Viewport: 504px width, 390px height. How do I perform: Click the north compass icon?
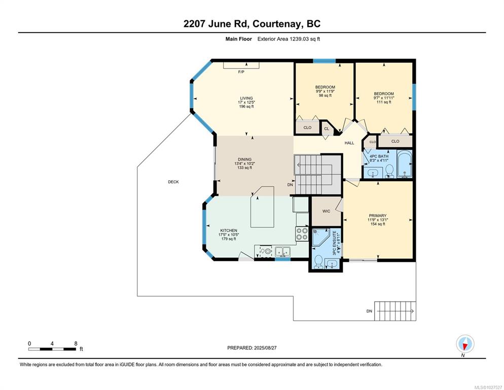[x=465, y=344]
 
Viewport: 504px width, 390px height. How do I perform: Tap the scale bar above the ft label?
[x=52, y=349]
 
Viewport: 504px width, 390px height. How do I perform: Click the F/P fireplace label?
[x=241, y=72]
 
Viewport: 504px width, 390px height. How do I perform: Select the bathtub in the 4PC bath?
[x=404, y=164]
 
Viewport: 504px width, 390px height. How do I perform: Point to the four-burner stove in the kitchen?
[x=302, y=234]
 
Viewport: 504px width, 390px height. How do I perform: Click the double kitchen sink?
[x=282, y=251]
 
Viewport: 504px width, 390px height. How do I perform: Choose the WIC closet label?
[x=326, y=211]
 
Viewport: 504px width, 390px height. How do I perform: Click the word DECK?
[x=173, y=182]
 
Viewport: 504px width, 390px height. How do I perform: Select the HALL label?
[x=349, y=143]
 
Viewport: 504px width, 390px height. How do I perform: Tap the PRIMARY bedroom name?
[x=378, y=216]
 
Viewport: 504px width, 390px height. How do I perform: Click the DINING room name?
[x=244, y=159]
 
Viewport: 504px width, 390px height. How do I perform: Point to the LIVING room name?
[x=246, y=98]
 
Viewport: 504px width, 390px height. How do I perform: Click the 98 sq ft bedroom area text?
[x=326, y=95]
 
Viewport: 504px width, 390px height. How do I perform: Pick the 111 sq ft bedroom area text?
[x=384, y=102]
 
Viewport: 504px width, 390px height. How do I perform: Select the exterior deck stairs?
[x=395, y=311]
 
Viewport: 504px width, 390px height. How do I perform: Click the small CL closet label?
[x=327, y=129]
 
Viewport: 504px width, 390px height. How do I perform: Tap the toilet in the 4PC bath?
[x=389, y=171]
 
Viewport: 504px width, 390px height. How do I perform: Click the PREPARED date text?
[x=252, y=348]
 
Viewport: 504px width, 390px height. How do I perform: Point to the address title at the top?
[x=252, y=24]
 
